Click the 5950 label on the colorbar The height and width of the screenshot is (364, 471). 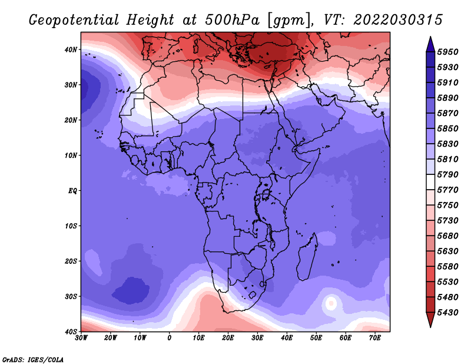point(447,52)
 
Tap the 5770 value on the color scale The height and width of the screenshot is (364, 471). point(447,190)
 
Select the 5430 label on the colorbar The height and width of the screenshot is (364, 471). point(447,313)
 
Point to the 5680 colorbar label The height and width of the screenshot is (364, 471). point(447,236)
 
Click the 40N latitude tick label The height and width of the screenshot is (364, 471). point(71,49)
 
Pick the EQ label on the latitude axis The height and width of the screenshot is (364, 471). point(72,191)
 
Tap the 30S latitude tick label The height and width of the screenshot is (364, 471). point(71,297)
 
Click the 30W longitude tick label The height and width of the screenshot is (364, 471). point(81,338)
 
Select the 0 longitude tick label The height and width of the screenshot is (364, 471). point(170,338)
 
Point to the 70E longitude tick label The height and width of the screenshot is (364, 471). point(374,338)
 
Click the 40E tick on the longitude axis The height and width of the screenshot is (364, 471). point(287,338)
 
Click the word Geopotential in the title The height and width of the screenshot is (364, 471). point(74,20)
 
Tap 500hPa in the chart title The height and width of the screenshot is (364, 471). point(232,20)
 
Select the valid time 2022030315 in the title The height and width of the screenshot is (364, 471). point(398,20)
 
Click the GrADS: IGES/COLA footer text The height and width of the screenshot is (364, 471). point(33,359)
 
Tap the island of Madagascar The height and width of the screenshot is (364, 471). point(307,256)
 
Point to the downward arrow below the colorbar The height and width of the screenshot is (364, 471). point(430,320)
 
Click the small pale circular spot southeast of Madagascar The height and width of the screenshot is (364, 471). point(331,303)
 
